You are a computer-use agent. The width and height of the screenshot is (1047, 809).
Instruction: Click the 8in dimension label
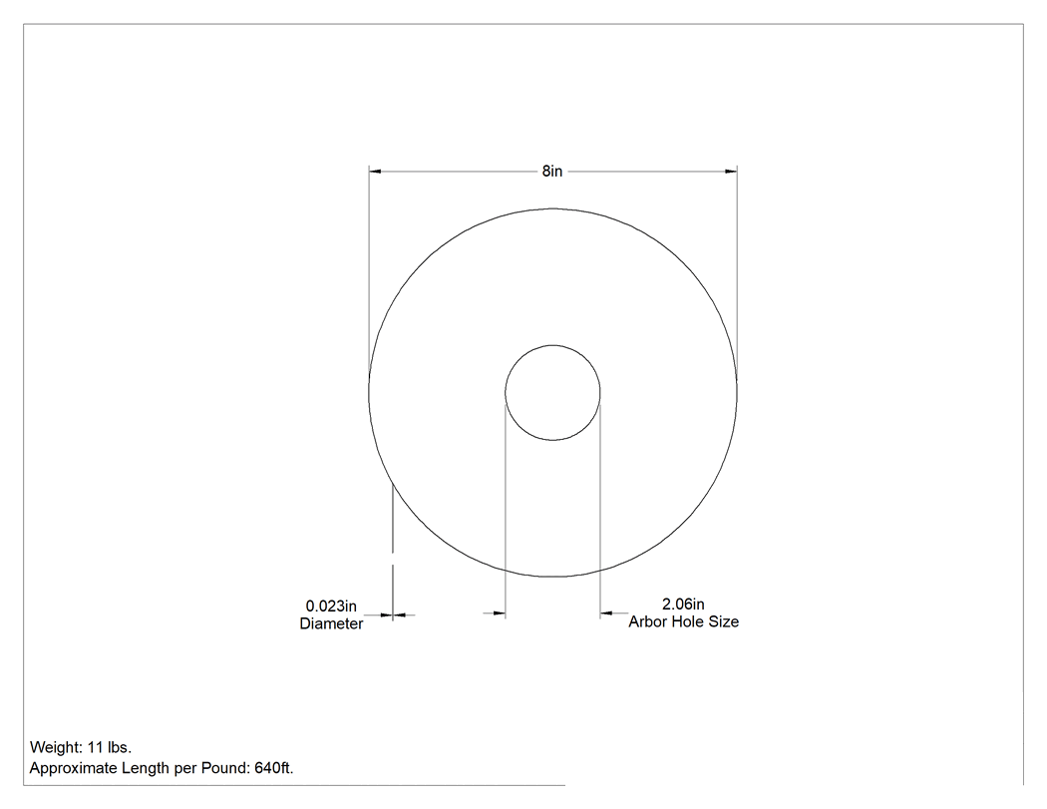click(552, 171)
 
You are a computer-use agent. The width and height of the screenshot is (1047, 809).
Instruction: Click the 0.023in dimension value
click(331, 606)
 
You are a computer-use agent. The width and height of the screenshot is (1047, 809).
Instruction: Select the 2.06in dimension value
click(683, 604)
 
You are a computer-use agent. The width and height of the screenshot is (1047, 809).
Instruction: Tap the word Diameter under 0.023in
click(331, 623)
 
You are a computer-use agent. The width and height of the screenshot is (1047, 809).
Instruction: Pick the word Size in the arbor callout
click(723, 621)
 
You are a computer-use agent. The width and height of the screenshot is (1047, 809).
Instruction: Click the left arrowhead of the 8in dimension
click(375, 171)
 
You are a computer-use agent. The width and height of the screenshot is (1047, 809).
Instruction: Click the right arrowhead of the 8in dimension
click(731, 171)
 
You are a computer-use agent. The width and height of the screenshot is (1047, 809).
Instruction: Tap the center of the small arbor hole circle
click(552, 393)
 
